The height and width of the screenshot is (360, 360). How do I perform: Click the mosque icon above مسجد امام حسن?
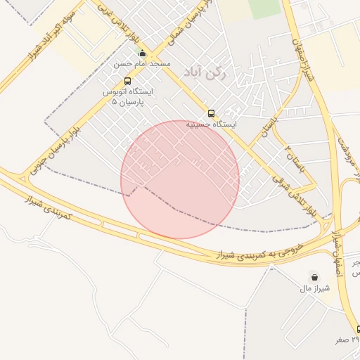pos(143,53)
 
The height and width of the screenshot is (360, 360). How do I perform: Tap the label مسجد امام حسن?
pos(143,64)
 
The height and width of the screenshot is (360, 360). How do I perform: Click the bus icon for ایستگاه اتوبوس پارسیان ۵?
pos(127,82)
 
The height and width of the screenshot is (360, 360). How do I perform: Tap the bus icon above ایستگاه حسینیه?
pos(211,113)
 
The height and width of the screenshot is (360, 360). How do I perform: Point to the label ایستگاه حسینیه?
pos(211,124)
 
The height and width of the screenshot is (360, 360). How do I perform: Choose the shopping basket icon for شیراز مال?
pos(313,276)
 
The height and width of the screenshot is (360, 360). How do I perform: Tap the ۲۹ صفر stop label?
pos(346,339)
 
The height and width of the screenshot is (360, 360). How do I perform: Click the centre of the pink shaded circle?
pos(180,179)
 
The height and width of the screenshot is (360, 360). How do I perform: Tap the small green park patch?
pos(264,8)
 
